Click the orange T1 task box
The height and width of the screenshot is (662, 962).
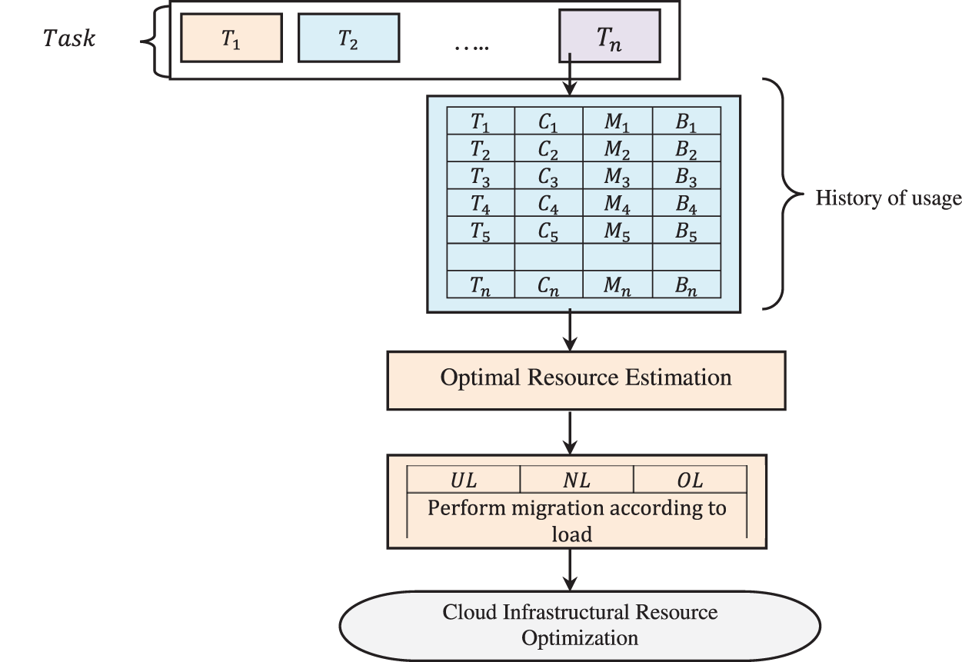[x=230, y=37]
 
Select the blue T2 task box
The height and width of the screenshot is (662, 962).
[x=348, y=37]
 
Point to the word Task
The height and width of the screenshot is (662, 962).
[x=68, y=38]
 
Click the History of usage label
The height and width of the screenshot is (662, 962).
[x=888, y=198]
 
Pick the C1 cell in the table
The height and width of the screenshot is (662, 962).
[x=548, y=121]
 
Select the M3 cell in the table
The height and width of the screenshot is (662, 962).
[x=617, y=176]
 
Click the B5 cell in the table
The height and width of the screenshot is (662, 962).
[x=687, y=231]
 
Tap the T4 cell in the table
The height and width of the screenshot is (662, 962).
[x=481, y=204]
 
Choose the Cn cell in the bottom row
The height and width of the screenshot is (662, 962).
[x=548, y=285]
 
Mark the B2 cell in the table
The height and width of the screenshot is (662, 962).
[x=687, y=148]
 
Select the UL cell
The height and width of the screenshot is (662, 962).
[x=463, y=481]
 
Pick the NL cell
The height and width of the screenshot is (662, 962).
[x=577, y=481]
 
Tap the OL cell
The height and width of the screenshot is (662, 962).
[x=690, y=481]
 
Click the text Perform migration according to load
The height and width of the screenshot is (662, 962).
[x=577, y=520]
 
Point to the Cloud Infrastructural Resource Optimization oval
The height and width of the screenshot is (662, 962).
[x=580, y=624]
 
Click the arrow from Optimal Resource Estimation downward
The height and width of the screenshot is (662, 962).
[x=569, y=432]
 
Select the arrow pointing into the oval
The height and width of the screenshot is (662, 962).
[x=569, y=569]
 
